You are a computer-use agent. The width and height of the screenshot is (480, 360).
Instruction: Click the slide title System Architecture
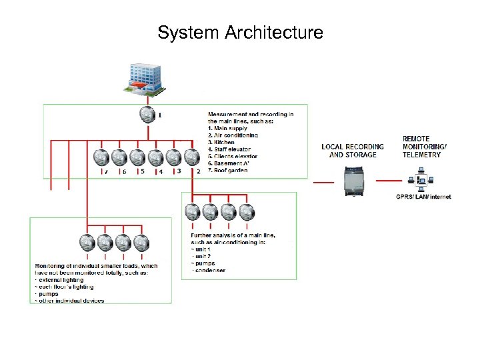(240, 32)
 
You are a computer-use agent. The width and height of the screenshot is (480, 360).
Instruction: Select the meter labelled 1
(148, 115)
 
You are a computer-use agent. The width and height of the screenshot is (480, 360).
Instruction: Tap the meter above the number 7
(101, 157)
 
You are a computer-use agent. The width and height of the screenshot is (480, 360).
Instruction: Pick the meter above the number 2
(192, 157)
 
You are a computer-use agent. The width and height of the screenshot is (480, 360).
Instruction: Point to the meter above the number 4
(155, 157)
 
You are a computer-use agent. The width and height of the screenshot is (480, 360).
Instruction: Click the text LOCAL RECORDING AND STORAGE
(353, 151)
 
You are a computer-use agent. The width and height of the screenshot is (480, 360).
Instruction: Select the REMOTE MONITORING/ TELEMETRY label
(424, 147)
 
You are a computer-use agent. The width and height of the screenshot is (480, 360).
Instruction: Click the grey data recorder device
(353, 181)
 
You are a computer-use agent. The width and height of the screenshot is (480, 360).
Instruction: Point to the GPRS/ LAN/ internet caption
(423, 197)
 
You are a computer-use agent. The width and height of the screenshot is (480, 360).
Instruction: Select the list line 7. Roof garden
(228, 170)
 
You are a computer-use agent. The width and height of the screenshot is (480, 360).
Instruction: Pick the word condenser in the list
(210, 270)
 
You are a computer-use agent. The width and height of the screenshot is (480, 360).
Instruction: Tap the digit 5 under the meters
(142, 171)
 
